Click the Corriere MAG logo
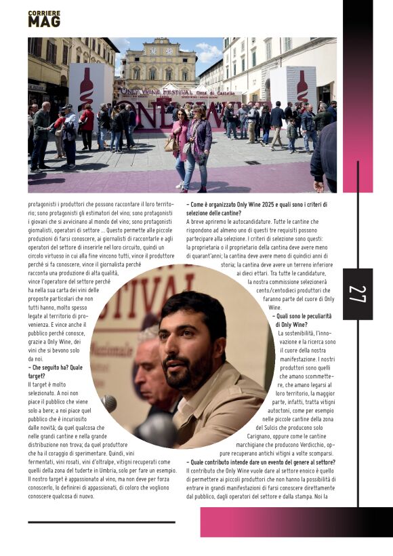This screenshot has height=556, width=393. tap(43, 19)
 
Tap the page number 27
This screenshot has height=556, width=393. tap(358, 294)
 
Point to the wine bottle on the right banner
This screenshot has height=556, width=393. tap(302, 85)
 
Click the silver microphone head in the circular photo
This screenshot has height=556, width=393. tap(108, 403)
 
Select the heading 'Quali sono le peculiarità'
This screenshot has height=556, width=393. tap(304, 316)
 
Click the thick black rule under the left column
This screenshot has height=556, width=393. tap(101, 522)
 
